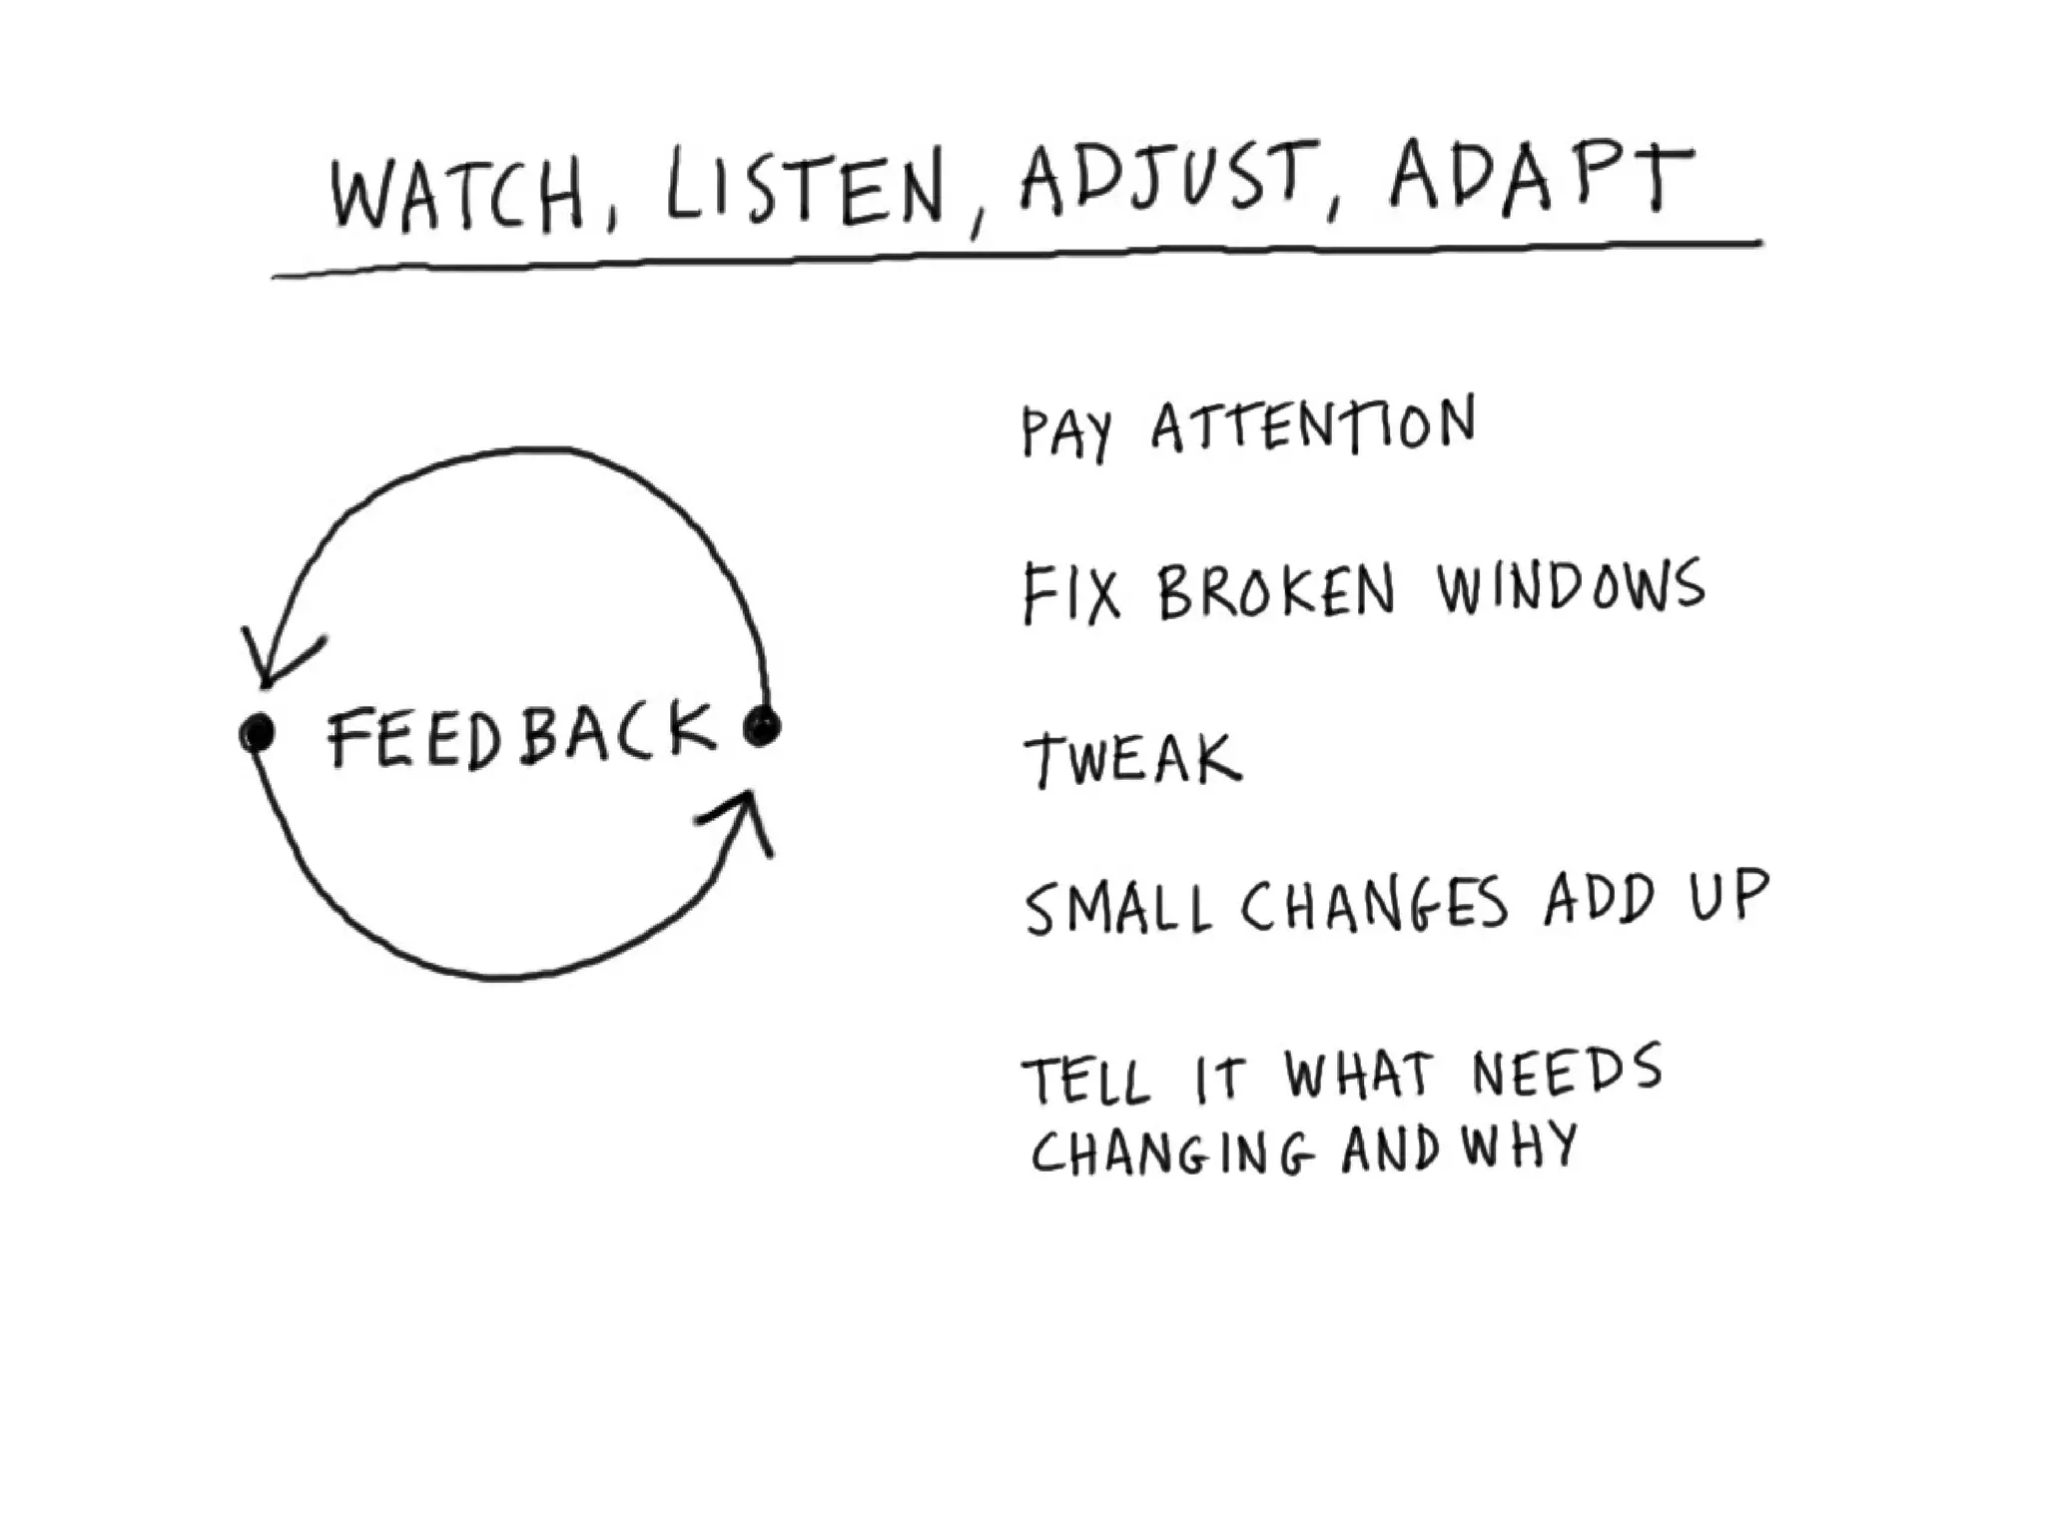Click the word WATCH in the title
pyautogui.click(x=457, y=197)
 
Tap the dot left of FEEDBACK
pyautogui.click(x=257, y=733)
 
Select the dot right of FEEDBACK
pyautogui.click(x=763, y=725)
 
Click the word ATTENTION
pyautogui.click(x=1313, y=426)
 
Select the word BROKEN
pyautogui.click(x=1276, y=591)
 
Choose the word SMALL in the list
pyautogui.click(x=1118, y=908)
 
